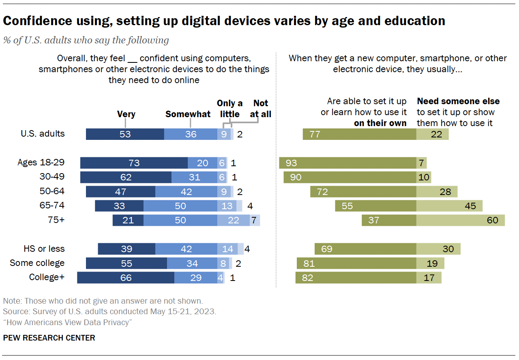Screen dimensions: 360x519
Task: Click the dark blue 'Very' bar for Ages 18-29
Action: point(134,163)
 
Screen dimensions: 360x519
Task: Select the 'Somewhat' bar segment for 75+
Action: point(180,220)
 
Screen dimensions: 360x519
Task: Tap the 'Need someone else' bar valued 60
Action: point(460,220)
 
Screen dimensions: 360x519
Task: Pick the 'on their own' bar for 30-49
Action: point(350,177)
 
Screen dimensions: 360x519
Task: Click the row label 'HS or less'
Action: point(44,249)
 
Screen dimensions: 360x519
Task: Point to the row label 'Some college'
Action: point(37,263)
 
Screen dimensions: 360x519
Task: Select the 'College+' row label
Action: point(47,277)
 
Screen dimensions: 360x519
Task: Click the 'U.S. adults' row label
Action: point(43,133)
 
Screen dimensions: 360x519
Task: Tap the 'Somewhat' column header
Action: point(188,114)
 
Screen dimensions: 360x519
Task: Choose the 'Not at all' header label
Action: point(260,109)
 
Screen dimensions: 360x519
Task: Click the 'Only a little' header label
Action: point(230,109)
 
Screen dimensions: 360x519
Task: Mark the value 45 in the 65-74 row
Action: point(470,206)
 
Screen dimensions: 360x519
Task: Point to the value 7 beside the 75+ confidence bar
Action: point(254,220)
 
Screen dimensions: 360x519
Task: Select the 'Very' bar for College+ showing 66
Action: point(126,278)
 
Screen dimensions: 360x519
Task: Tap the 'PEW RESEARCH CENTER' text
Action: point(49,338)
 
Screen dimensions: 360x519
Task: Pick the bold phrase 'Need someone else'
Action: point(458,101)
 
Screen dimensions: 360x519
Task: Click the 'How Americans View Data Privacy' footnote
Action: point(68,323)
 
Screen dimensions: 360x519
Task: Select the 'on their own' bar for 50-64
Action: point(363,191)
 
